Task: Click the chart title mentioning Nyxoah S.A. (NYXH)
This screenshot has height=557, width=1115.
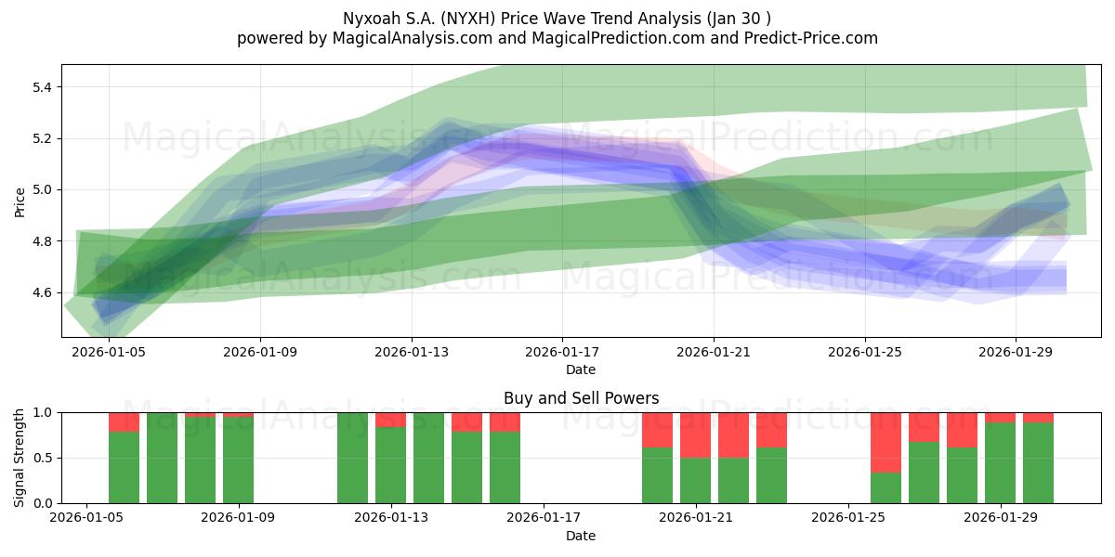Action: (557, 19)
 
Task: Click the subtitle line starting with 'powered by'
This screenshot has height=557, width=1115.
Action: (557, 38)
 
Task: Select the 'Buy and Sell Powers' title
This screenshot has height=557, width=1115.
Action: (581, 398)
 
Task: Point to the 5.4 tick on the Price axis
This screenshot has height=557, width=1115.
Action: (42, 87)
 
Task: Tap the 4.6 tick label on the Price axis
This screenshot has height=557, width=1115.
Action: (42, 292)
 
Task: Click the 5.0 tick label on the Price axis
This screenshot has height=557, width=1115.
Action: (42, 190)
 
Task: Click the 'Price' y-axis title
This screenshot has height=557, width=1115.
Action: (20, 202)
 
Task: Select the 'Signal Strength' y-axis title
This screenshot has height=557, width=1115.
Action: (19, 458)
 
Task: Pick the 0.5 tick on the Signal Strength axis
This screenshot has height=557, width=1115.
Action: (43, 458)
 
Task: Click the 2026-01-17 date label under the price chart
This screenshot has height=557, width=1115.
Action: (562, 352)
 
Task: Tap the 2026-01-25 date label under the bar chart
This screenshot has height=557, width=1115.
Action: (848, 518)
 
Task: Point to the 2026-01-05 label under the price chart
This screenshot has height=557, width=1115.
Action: (109, 352)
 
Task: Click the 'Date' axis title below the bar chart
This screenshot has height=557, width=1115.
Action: (581, 536)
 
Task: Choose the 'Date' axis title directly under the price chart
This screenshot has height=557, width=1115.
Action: (581, 369)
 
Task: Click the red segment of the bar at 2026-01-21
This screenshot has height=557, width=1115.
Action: (695, 435)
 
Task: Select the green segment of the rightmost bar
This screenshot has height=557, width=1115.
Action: (1038, 463)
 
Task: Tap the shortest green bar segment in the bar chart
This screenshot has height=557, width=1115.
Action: (885, 488)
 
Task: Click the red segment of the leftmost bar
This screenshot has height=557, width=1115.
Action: (124, 422)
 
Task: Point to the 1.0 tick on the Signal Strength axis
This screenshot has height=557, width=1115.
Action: (43, 413)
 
